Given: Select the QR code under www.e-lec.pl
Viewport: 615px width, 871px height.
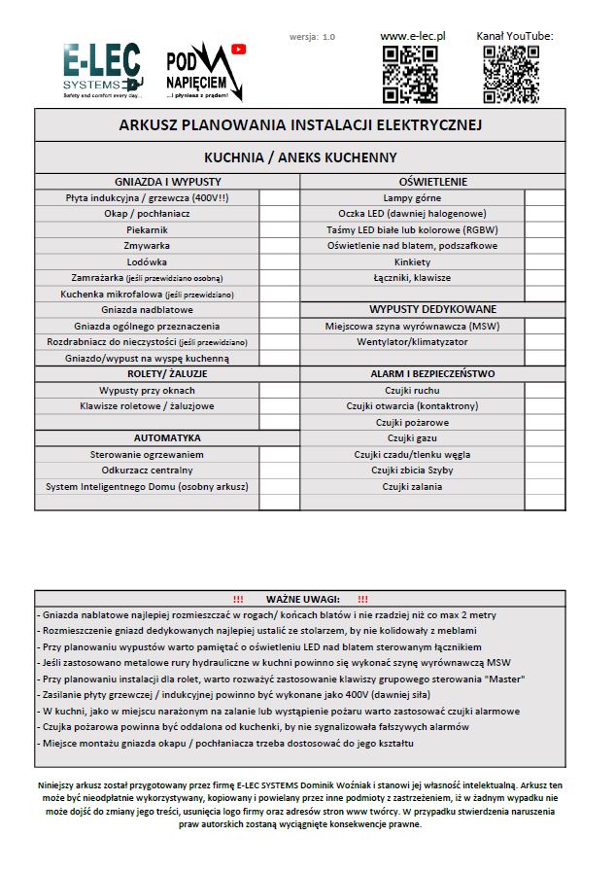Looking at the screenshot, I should [410, 74].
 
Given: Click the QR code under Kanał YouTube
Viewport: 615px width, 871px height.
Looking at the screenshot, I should [512, 74].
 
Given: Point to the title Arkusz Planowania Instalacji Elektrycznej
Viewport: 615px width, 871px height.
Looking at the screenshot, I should [300, 125].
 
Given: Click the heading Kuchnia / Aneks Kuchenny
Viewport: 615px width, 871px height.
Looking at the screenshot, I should [300, 157].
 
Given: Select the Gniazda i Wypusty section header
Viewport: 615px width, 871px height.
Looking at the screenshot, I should [168, 181].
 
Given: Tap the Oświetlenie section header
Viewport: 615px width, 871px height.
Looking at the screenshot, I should [432, 181].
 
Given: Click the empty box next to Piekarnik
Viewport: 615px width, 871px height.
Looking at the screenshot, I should [280, 229].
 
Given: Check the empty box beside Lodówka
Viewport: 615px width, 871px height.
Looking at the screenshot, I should [280, 261].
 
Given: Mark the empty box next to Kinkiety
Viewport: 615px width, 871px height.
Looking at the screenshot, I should [544, 261].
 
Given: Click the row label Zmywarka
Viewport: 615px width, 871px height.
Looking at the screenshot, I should [148, 246].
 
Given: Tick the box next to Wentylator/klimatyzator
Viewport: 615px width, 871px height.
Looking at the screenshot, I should [544, 342].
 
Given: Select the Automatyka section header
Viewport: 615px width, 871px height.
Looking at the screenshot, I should [168, 438].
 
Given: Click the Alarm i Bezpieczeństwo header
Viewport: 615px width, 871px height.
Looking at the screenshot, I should [432, 373].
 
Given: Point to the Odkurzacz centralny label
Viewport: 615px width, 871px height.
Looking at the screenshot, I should [148, 470].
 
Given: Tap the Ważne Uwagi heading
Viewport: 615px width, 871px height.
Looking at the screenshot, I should [300, 599].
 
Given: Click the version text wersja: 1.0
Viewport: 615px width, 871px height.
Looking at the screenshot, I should [312, 37].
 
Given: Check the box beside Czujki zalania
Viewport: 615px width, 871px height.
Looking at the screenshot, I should [544, 487].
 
